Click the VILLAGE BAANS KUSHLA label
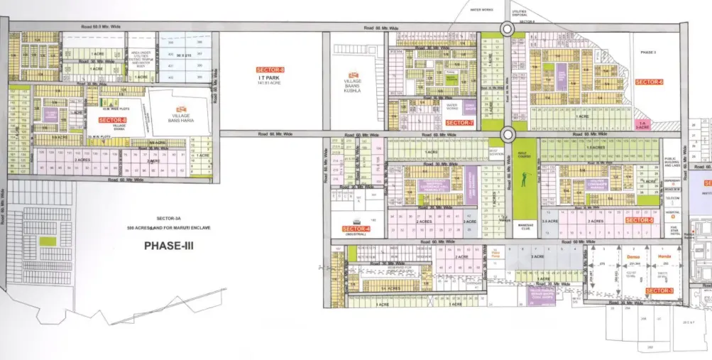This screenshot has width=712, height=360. (353, 86)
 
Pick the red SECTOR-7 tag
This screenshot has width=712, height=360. (459, 123)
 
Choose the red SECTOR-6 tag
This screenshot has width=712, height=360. (649, 82)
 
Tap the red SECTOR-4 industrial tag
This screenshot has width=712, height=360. (356, 229)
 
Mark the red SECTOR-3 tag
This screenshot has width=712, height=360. (659, 291)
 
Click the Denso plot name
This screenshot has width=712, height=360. (633, 256)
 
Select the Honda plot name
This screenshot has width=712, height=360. (665, 256)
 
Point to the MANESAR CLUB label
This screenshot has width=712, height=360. (524, 228)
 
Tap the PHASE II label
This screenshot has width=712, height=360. (649, 53)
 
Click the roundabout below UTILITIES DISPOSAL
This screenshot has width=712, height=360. (507, 28)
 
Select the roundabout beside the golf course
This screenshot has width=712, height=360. (507, 134)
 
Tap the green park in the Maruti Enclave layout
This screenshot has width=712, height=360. (46, 227)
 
